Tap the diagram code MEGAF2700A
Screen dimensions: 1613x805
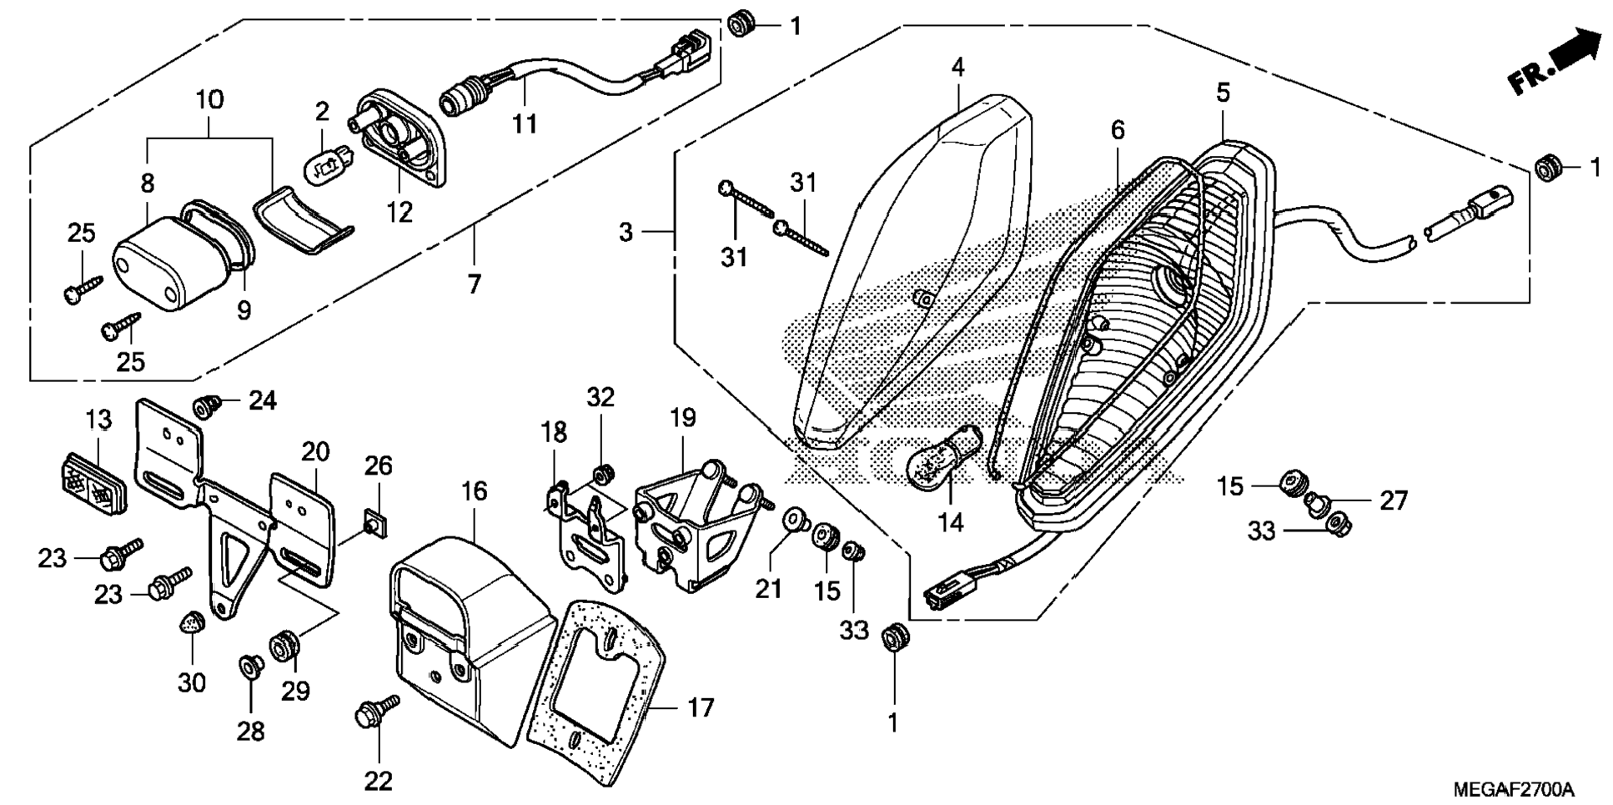click(1513, 789)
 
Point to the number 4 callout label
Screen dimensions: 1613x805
click(958, 68)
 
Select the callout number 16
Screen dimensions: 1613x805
click(474, 491)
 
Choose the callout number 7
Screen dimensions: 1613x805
click(474, 284)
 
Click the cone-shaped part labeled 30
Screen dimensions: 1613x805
click(193, 621)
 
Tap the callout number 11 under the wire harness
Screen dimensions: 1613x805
click(524, 123)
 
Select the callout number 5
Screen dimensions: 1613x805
click(1223, 93)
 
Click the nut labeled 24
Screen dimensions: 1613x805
click(206, 406)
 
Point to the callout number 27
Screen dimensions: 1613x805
click(1394, 501)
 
